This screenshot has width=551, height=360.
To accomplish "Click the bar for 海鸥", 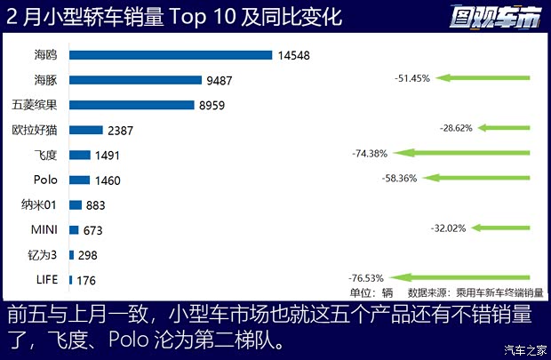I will click(x=171, y=54).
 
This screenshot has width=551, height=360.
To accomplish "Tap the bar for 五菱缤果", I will click(x=132, y=104).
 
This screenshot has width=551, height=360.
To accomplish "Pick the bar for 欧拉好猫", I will click(x=86, y=130).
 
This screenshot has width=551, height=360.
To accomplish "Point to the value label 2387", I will click(x=120, y=130).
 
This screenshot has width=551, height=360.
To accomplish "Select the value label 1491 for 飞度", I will click(x=106, y=155).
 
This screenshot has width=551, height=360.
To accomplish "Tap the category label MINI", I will click(x=44, y=230).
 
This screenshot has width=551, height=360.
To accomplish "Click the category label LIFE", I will click(x=46, y=280).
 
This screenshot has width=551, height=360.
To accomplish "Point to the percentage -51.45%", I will click(x=412, y=78).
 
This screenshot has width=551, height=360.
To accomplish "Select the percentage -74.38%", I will click(x=371, y=154).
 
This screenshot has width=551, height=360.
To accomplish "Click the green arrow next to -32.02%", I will click(x=502, y=228).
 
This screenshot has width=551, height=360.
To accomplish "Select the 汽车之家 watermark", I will click(x=524, y=348).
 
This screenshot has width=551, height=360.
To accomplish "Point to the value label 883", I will click(x=95, y=205).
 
